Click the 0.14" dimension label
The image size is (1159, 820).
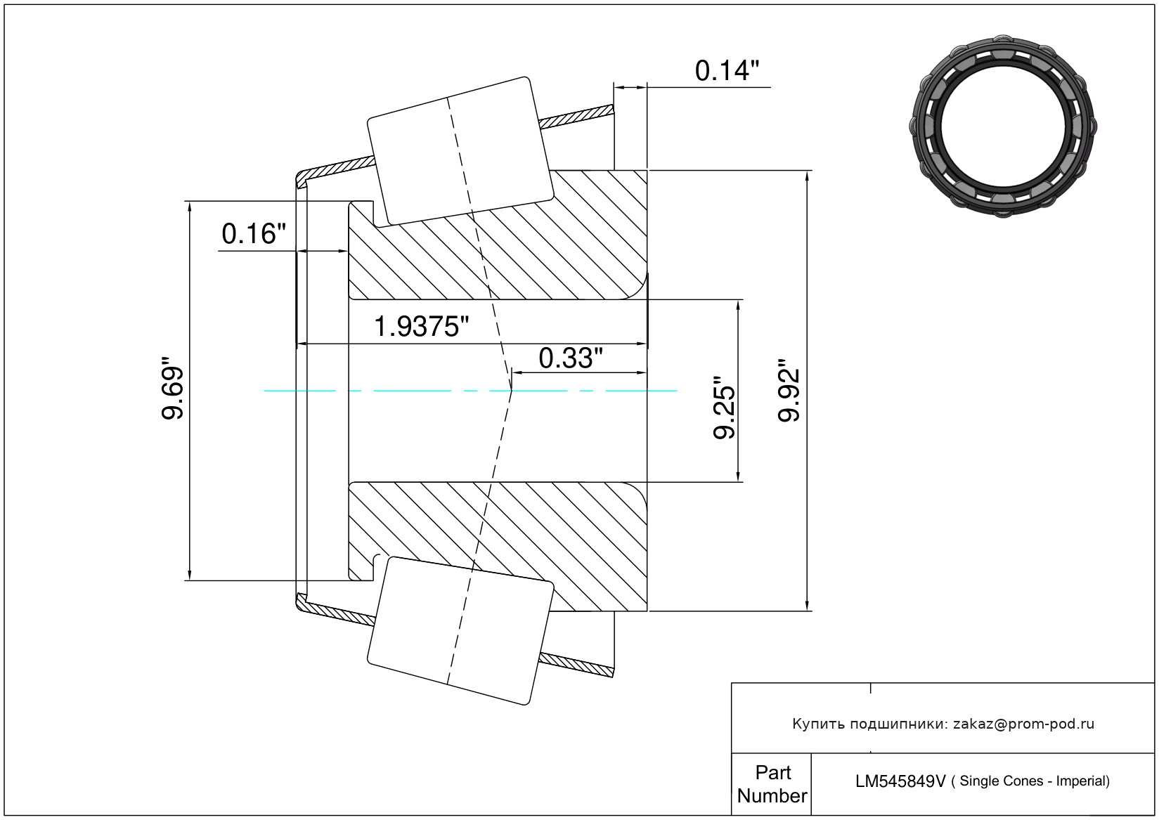[727, 71]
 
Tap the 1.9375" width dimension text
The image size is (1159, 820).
[421, 327]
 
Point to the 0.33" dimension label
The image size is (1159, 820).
[571, 358]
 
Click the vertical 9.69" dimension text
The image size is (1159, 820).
[172, 387]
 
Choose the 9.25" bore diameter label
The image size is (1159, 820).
[724, 407]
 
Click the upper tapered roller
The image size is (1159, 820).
[460, 151]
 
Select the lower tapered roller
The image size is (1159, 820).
[460, 631]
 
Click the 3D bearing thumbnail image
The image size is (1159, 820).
[1003, 126]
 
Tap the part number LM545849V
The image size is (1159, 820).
[900, 781]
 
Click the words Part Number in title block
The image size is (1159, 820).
[772, 784]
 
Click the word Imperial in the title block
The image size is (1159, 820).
[1082, 781]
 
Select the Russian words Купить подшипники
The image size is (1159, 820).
[869, 724]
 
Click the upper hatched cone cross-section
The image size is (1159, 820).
[498, 235]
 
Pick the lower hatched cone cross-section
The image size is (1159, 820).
[498, 547]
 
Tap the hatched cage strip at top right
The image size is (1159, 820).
[576, 117]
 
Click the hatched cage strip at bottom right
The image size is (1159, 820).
[576, 665]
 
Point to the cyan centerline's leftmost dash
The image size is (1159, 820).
[299, 391]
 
